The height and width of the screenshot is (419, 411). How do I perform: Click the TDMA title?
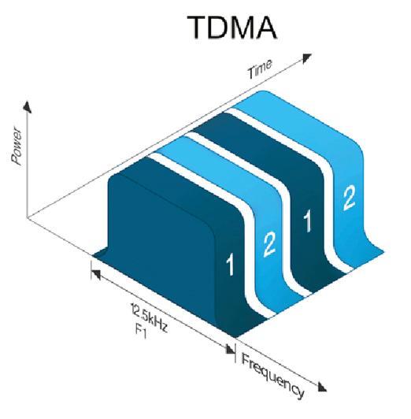pyautogui.click(x=231, y=28)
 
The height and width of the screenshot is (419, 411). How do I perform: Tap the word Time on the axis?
pyautogui.click(x=260, y=69)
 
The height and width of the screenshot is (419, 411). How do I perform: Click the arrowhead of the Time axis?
pyautogui.click(x=307, y=58)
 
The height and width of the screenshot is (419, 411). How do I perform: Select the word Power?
pyautogui.click(x=17, y=146)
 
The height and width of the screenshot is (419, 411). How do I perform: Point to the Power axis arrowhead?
pyautogui.click(x=27, y=106)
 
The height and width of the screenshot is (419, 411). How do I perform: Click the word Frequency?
pyautogui.click(x=272, y=376)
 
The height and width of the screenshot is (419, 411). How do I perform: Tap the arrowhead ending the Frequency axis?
pyautogui.click(x=322, y=387)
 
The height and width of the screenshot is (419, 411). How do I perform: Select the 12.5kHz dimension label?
pyautogui.click(x=149, y=317)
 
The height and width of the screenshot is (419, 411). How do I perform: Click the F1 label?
pyautogui.click(x=141, y=332)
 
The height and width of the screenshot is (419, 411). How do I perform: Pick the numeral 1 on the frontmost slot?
pyautogui.click(x=231, y=265)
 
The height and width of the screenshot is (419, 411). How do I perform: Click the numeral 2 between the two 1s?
pyautogui.click(x=269, y=245)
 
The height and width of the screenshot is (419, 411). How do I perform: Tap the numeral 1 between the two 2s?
pyautogui.click(x=308, y=221)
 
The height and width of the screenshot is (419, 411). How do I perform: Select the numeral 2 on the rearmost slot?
pyautogui.click(x=349, y=198)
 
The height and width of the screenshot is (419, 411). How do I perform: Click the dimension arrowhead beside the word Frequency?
pyautogui.click(x=230, y=349)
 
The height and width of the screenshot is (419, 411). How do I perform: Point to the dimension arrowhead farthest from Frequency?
pyautogui.click(x=96, y=274)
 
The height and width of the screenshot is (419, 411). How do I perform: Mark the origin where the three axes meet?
pyautogui.click(x=27, y=218)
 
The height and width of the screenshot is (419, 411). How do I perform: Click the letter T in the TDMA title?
pyautogui.click(x=198, y=28)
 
